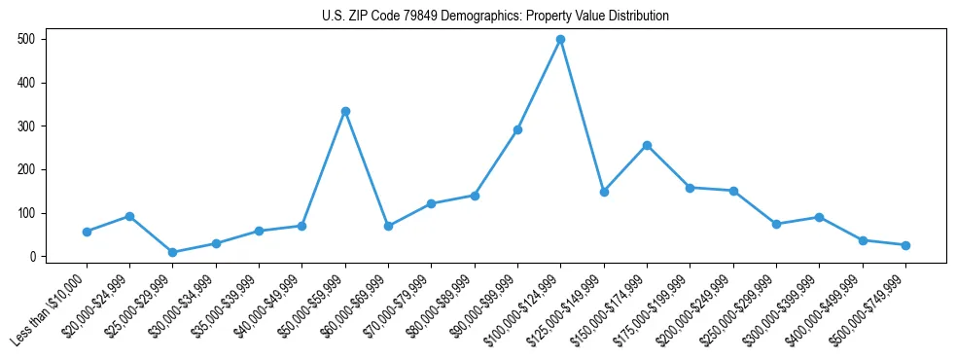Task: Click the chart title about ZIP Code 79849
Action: pyautogui.click(x=495, y=16)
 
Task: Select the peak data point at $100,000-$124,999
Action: pyautogui.click(x=561, y=40)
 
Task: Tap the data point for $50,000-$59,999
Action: pyautogui.click(x=345, y=111)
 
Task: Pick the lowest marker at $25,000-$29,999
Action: pyautogui.click(x=173, y=252)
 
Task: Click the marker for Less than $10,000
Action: pyautogui.click(x=87, y=232)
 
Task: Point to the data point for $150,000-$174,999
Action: pyautogui.click(x=647, y=145)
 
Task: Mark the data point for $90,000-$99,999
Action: pyautogui.click(x=517, y=129)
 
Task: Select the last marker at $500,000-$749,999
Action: pyautogui.click(x=905, y=245)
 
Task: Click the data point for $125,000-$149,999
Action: pyautogui.click(x=604, y=192)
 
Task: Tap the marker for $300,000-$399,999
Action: pyautogui.click(x=819, y=217)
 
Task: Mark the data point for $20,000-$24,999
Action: pyautogui.click(x=129, y=216)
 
